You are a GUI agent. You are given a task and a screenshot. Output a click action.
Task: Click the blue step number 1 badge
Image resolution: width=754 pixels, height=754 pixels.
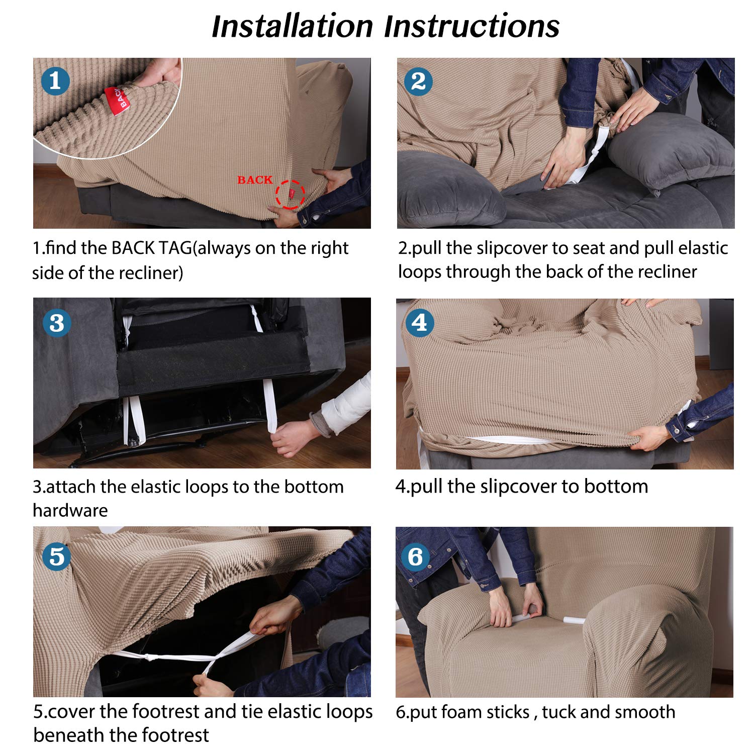click(55, 81)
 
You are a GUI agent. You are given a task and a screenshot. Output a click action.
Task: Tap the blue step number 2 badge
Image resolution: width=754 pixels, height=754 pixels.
click(418, 81)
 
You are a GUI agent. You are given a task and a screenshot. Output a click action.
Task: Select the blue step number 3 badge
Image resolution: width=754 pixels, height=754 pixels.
click(57, 323)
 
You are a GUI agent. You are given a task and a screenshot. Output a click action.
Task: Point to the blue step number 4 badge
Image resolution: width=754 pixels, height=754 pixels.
click(419, 323)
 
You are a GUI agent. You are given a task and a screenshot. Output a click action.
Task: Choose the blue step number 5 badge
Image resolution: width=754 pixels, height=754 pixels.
click(57, 556)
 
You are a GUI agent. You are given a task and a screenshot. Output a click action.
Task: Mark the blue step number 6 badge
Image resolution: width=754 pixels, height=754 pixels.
click(415, 556)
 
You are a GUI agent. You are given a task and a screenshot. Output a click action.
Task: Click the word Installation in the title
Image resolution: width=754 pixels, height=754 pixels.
click(292, 26)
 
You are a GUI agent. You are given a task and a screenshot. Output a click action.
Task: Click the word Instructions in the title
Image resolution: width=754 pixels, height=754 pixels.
click(472, 26)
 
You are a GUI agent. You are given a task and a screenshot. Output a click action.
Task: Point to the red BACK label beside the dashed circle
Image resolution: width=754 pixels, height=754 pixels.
click(255, 180)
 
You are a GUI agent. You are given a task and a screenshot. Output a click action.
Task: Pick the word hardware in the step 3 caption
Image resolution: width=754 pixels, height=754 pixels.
click(70, 510)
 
